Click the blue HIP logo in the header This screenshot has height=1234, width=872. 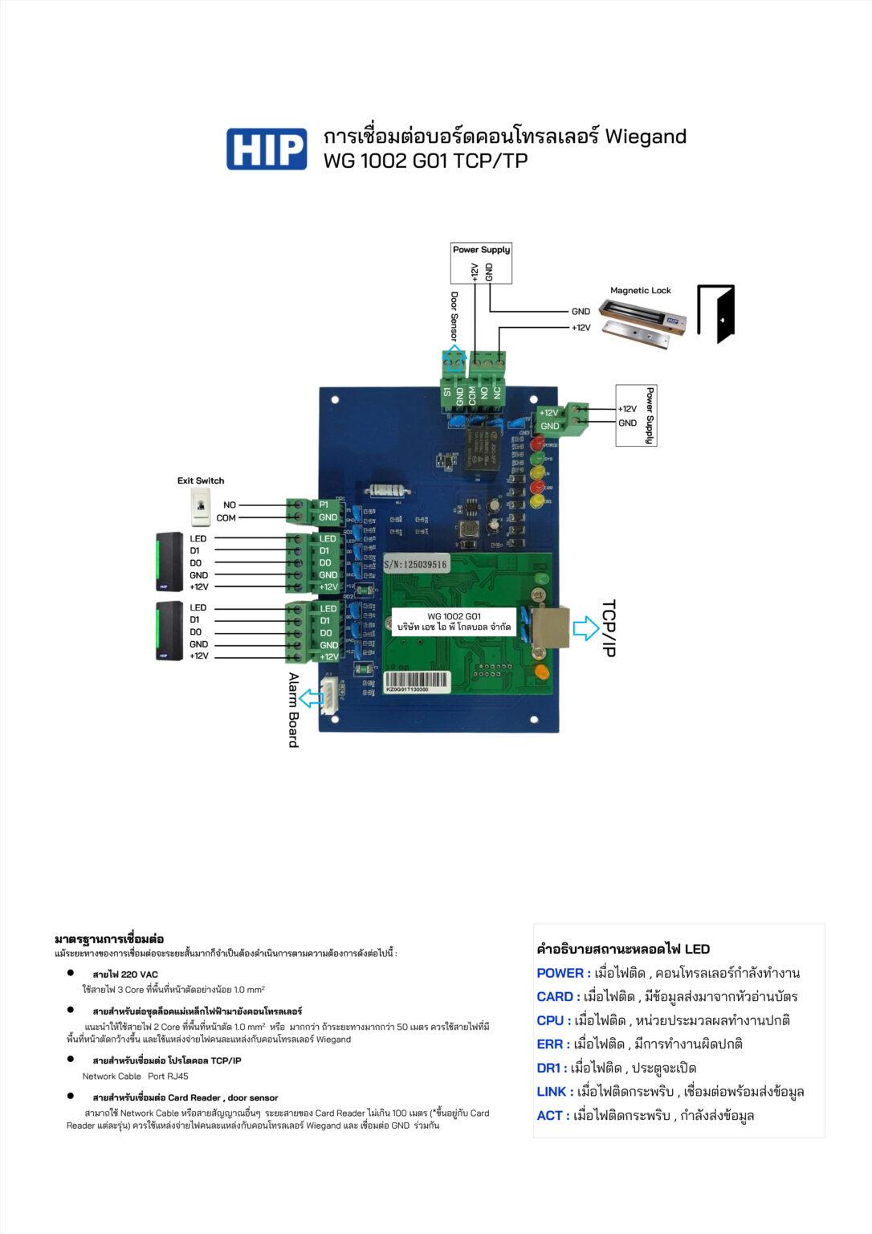coord(266,149)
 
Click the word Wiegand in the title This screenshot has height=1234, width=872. coord(645,137)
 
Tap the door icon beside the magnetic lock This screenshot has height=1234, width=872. coord(715,314)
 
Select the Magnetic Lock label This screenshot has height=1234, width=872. coord(640,291)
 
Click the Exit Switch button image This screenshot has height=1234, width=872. coord(200,507)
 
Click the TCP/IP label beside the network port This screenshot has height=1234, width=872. coord(609,627)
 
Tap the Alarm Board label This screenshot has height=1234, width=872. coord(293,710)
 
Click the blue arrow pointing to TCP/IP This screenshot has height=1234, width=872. coord(585,627)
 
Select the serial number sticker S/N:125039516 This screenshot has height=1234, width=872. coord(415,565)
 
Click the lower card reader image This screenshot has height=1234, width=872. coord(169,631)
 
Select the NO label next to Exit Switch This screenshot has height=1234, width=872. coord(230,505)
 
